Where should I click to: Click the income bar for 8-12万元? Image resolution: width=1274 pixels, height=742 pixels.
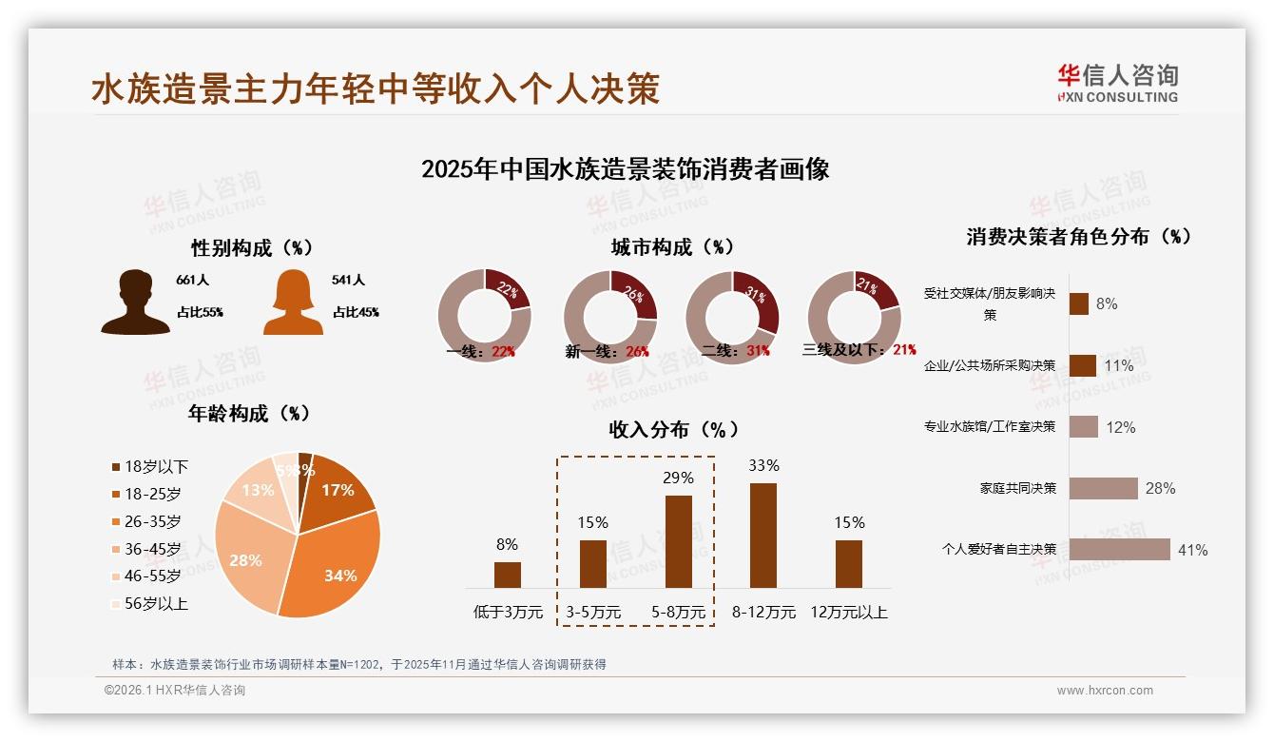click(x=763, y=536)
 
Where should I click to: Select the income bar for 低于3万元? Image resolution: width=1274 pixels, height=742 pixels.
click(x=508, y=575)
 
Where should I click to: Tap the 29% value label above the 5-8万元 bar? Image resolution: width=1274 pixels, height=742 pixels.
click(x=678, y=478)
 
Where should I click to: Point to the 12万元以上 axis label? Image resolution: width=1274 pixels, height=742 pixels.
click(x=848, y=613)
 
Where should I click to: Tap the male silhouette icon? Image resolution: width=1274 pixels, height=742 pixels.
click(x=135, y=302)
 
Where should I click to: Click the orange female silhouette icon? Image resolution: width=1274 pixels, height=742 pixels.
click(x=293, y=302)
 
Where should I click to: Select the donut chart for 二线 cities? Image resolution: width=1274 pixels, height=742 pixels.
click(x=732, y=317)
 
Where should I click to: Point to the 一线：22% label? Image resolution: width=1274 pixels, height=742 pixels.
click(x=481, y=351)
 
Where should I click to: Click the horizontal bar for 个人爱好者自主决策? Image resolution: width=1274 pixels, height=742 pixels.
click(x=1119, y=549)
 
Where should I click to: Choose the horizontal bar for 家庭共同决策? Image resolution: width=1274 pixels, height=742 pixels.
click(x=1103, y=488)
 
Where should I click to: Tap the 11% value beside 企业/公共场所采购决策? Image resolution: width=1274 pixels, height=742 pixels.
click(x=1119, y=366)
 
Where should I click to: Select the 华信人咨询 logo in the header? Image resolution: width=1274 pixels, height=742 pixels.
click(x=1117, y=84)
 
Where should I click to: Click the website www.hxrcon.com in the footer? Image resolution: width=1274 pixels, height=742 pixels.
click(x=1105, y=691)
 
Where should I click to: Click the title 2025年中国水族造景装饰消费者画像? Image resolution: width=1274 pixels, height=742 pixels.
click(x=625, y=169)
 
